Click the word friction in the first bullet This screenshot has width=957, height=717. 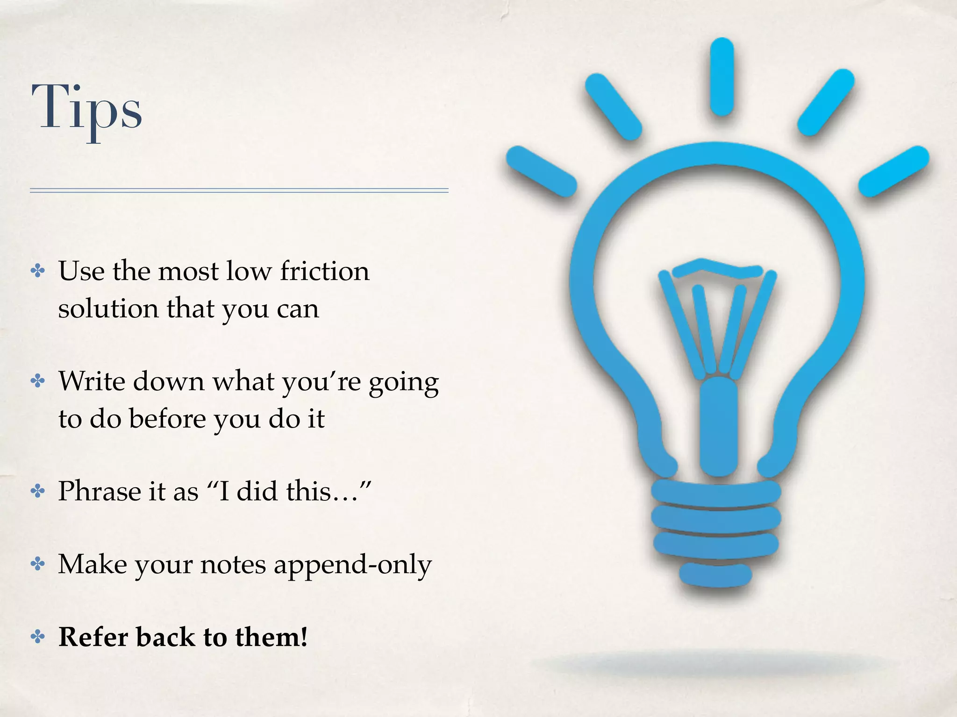point(325,271)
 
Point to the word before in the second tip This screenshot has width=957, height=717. point(167,419)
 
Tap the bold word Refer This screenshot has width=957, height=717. point(93,637)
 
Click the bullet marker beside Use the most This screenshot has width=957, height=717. point(38,271)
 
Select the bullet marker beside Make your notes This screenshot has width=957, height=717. point(38,564)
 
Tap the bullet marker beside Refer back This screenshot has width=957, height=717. point(38,637)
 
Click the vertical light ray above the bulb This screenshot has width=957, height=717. point(721,77)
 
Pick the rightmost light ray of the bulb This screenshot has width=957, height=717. point(893,171)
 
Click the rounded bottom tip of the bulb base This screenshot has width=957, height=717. point(715,574)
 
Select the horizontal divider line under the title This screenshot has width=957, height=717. point(239,190)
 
